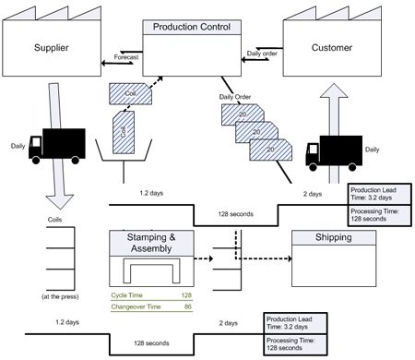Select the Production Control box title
tap(192, 28)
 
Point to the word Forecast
tap(125, 57)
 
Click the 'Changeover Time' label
tap(135, 305)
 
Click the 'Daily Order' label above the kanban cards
tap(234, 96)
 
